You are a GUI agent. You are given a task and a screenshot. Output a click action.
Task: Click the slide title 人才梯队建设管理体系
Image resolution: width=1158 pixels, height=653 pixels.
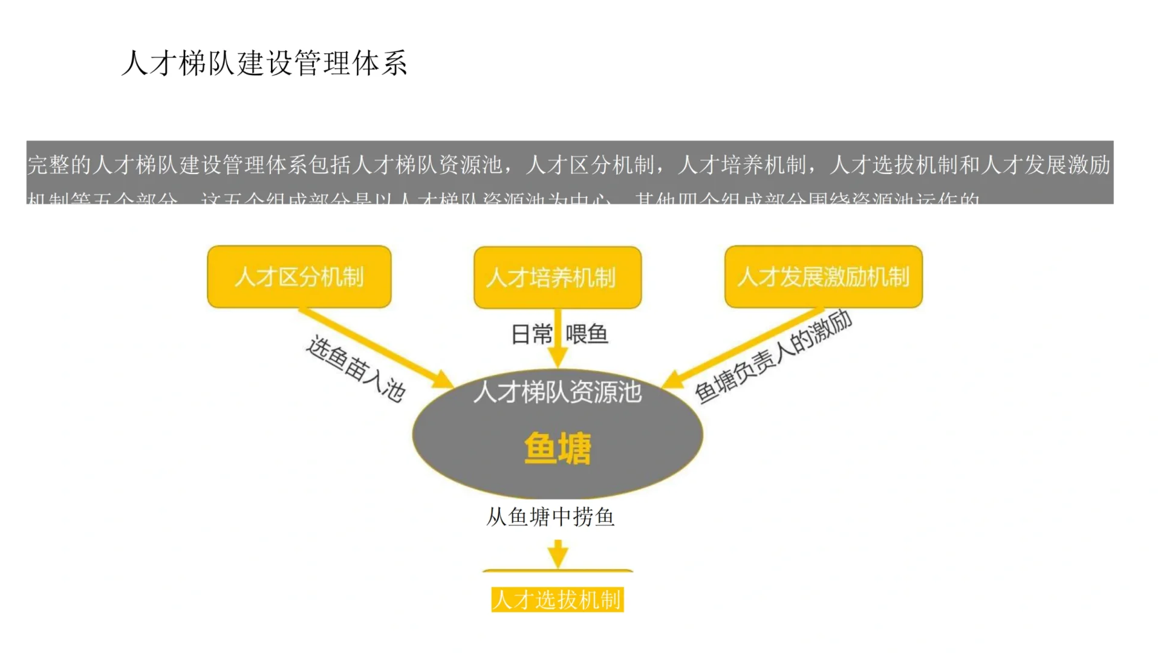tap(264, 63)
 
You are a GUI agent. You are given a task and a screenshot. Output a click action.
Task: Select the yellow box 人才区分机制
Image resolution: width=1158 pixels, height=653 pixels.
tap(299, 277)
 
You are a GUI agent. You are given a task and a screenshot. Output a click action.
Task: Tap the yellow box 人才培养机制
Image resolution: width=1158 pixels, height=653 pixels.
tap(557, 278)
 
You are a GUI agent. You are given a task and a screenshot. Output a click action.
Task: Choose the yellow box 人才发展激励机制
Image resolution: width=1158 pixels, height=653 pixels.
tap(823, 277)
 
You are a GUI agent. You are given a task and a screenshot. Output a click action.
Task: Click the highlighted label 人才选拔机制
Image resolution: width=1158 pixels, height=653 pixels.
tap(557, 600)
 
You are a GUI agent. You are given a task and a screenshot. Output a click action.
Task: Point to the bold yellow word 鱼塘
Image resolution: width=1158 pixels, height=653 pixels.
tap(558, 448)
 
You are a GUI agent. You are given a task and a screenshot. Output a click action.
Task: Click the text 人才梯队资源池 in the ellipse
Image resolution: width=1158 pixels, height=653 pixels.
tap(557, 392)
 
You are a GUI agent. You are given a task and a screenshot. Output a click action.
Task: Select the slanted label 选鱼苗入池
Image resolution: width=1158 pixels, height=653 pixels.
tap(356, 369)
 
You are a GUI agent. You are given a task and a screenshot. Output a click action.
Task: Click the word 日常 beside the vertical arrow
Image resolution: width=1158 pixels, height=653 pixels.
tap(532, 334)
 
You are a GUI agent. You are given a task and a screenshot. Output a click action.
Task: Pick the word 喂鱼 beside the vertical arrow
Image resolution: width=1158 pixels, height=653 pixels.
tap(587, 334)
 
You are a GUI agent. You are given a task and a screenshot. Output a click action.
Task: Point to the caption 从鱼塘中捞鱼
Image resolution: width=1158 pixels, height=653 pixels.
tap(550, 517)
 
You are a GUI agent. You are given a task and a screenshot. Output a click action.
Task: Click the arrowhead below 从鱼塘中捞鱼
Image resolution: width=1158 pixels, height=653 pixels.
tap(558, 554)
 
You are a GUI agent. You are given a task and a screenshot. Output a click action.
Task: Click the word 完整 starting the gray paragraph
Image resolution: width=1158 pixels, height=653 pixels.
tap(49, 165)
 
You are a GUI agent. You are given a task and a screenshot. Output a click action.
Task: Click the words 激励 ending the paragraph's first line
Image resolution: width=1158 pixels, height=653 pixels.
tap(1089, 165)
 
